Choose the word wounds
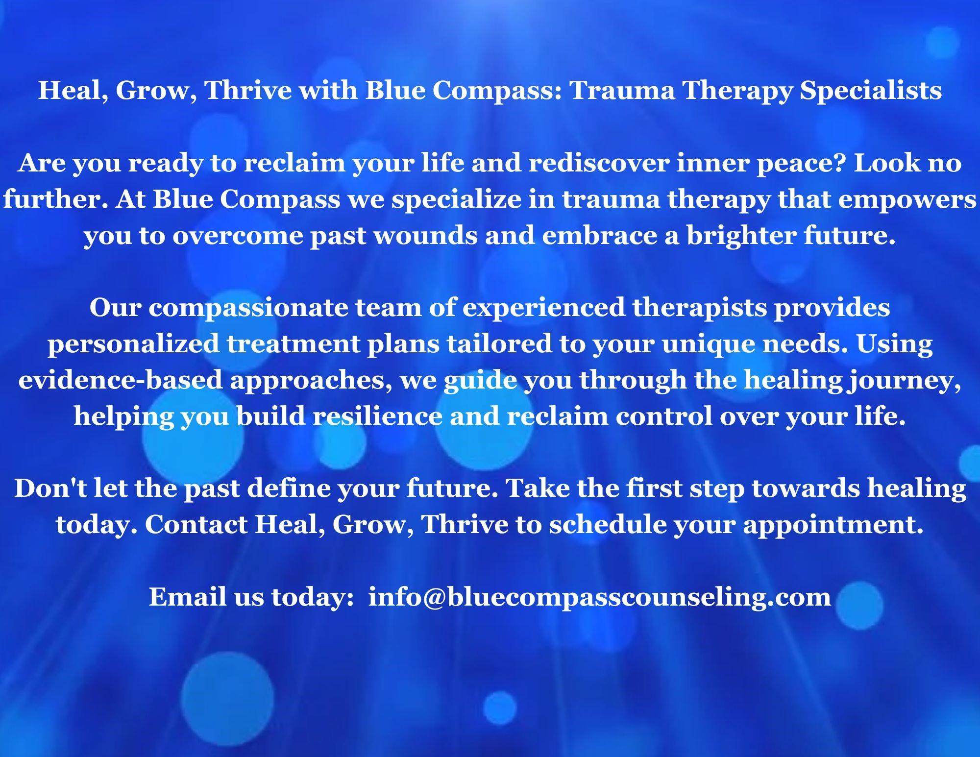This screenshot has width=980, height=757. pyautogui.click(x=429, y=236)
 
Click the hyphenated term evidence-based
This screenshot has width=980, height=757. pyautogui.click(x=121, y=380)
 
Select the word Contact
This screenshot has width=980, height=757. pyautogui.click(x=196, y=525)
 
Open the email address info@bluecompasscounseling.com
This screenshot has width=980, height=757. pyautogui.click(x=600, y=597)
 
